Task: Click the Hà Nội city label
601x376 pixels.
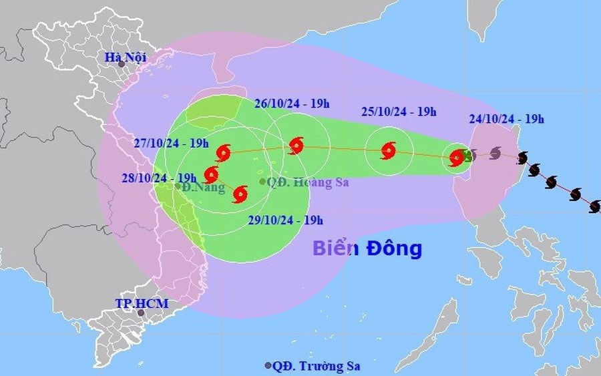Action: coord(126,57)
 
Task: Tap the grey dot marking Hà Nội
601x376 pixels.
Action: coord(121,64)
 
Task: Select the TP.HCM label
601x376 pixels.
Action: coord(141,304)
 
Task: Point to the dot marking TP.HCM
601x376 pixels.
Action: coord(141,313)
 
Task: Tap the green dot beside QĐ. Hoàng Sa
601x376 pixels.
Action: coord(262,181)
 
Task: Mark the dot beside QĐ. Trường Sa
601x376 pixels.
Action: coord(268,366)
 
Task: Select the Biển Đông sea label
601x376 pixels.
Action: coord(367,248)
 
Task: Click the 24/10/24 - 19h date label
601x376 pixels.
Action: coord(506,120)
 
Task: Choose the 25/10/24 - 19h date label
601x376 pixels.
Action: coord(399,112)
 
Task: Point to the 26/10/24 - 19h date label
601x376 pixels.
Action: coord(292,104)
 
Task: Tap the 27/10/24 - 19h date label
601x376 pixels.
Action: coord(171,143)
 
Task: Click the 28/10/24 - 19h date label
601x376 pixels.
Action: coord(159,178)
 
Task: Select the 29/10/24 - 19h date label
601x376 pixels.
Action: coord(285,220)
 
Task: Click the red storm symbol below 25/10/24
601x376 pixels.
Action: coord(388,150)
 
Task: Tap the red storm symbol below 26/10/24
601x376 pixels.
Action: coord(296,146)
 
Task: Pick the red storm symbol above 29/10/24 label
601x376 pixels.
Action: coord(240,194)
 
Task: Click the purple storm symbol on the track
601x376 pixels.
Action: coord(495,154)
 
